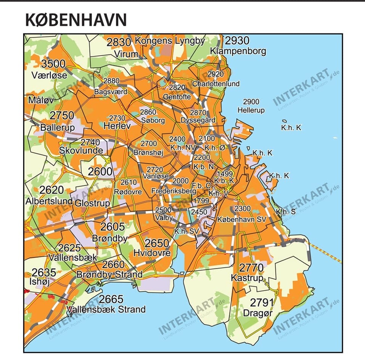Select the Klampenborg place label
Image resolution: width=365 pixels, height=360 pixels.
[x=238, y=51]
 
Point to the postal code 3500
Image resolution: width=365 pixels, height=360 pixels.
[x=53, y=64]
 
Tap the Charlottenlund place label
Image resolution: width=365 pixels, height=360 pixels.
[x=216, y=84]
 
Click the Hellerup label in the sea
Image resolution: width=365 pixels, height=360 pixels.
[x=251, y=110]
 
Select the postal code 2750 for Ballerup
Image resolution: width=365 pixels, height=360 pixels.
[x=62, y=116]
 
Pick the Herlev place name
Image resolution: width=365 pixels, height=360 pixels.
[x=117, y=126]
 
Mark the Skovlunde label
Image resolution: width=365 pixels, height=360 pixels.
[x=81, y=150]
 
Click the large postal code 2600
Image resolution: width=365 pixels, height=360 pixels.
[x=100, y=172]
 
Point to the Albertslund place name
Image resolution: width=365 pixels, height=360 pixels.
[x=49, y=201]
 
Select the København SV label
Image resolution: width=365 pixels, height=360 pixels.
[x=241, y=220]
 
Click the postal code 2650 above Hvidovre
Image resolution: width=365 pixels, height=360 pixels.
[x=157, y=243]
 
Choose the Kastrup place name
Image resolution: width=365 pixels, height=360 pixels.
[x=247, y=278]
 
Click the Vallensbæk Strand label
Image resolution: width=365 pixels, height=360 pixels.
[x=106, y=309]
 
